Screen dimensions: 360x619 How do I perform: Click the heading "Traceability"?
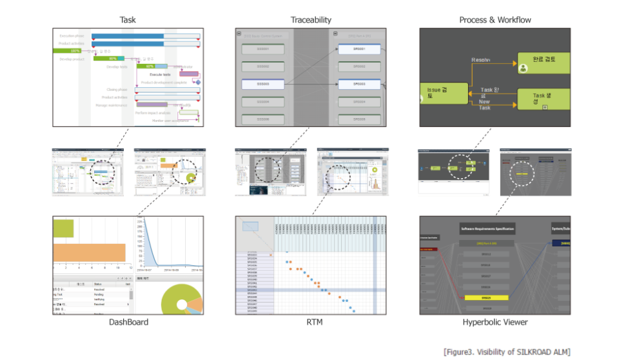tap(310, 20)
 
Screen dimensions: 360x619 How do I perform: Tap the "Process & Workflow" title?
tap(495, 20)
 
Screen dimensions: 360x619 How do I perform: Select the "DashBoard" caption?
tap(128, 322)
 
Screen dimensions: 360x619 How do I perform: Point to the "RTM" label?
tap(311, 322)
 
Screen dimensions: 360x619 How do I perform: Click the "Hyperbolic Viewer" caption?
tap(495, 322)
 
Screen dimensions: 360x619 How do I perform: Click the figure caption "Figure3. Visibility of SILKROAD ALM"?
tap(507, 352)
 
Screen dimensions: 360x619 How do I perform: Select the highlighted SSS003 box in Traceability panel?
tap(263, 84)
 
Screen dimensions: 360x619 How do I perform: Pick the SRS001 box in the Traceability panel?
tap(359, 49)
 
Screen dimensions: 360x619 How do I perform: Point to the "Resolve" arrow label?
tap(481, 60)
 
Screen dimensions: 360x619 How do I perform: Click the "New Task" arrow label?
tap(485, 105)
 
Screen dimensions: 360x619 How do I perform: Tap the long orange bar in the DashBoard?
tap(89, 252)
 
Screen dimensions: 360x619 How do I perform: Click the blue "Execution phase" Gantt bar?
tap(145, 35)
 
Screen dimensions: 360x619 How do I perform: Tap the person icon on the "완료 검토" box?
tap(523, 68)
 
